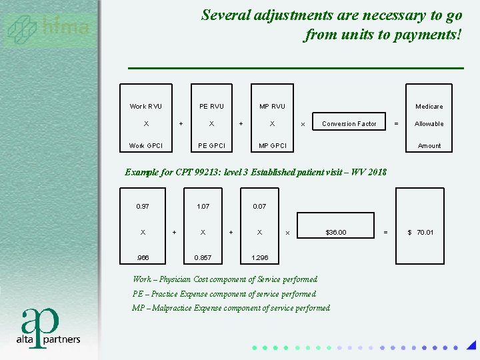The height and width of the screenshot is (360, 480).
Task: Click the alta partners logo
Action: (x=48, y=327)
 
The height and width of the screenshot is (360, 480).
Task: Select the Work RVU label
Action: (x=145, y=107)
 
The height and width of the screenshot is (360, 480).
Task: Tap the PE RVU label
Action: (x=211, y=107)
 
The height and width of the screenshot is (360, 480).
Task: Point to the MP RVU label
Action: (x=272, y=107)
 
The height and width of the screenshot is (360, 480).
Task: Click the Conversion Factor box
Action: (x=349, y=124)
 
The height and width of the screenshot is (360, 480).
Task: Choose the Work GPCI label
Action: (x=145, y=146)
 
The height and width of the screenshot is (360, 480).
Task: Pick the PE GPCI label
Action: (x=211, y=146)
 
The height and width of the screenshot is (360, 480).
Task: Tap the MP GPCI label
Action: (x=272, y=146)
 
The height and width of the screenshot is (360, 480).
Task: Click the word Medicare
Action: (x=429, y=107)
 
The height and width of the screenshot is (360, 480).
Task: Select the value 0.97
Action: (x=143, y=207)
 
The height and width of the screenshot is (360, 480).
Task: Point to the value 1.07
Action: (x=203, y=207)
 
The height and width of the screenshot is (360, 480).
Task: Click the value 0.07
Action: (x=259, y=207)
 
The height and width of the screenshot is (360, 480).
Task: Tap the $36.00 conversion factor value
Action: (x=335, y=233)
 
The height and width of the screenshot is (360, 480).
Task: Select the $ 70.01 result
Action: (x=421, y=233)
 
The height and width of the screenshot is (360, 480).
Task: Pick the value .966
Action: (x=143, y=257)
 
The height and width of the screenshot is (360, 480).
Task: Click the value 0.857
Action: (x=203, y=257)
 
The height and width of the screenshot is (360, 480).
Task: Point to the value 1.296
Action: (x=259, y=257)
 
